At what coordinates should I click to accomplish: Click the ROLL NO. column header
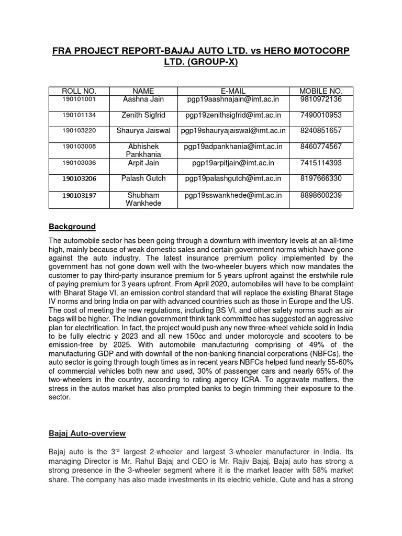[x=79, y=91]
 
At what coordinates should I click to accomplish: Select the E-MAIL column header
[x=233, y=91]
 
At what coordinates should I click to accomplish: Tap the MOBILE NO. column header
[x=321, y=91]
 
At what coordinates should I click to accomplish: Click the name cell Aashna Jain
[x=143, y=99]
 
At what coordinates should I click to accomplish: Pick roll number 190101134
[x=79, y=115]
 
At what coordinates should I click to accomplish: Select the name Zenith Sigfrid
[x=143, y=115]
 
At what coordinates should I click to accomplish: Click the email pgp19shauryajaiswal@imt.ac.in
[x=233, y=130]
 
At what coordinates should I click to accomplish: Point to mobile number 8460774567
[x=321, y=146]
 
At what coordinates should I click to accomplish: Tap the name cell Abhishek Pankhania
[x=143, y=151]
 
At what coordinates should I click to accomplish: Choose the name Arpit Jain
[x=143, y=163]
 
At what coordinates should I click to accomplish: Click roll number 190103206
[x=79, y=178]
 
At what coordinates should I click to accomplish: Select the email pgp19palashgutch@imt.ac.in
[x=233, y=178]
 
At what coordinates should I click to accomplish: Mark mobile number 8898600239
[x=321, y=195]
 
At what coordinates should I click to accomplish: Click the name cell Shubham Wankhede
[x=143, y=199]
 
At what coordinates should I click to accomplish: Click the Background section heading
[x=72, y=227]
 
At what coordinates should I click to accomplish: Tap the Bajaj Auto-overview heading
[x=87, y=434]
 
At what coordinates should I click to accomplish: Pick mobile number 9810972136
[x=321, y=99]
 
